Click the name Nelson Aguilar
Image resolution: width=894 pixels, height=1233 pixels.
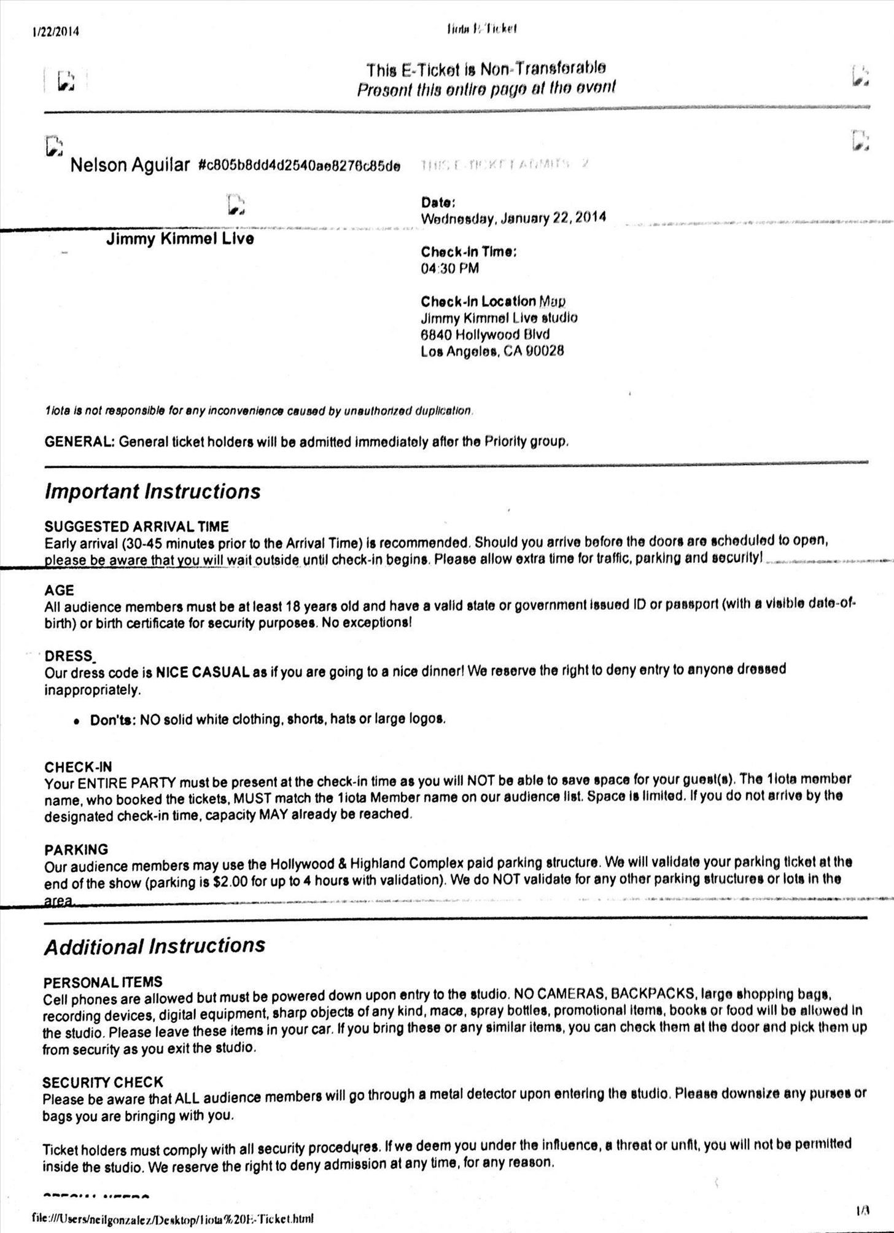point(130,165)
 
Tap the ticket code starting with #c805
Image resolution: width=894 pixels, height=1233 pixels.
point(300,166)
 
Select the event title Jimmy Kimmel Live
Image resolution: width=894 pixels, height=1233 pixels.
point(180,239)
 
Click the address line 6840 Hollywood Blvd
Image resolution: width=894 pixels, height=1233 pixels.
point(485,335)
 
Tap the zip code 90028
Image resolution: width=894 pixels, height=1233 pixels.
point(544,351)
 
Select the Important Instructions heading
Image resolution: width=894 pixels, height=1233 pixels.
point(152,491)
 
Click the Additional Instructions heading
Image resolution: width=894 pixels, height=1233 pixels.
point(154,945)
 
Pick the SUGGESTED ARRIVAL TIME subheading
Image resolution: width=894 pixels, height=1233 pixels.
point(136,526)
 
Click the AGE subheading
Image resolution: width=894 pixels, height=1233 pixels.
point(59,590)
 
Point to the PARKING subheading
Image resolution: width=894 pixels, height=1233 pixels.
point(76,850)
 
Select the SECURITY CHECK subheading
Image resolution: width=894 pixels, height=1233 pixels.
point(103,1082)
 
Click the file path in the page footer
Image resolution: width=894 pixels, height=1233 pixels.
point(176,1218)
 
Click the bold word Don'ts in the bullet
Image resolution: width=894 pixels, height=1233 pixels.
point(112,719)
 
